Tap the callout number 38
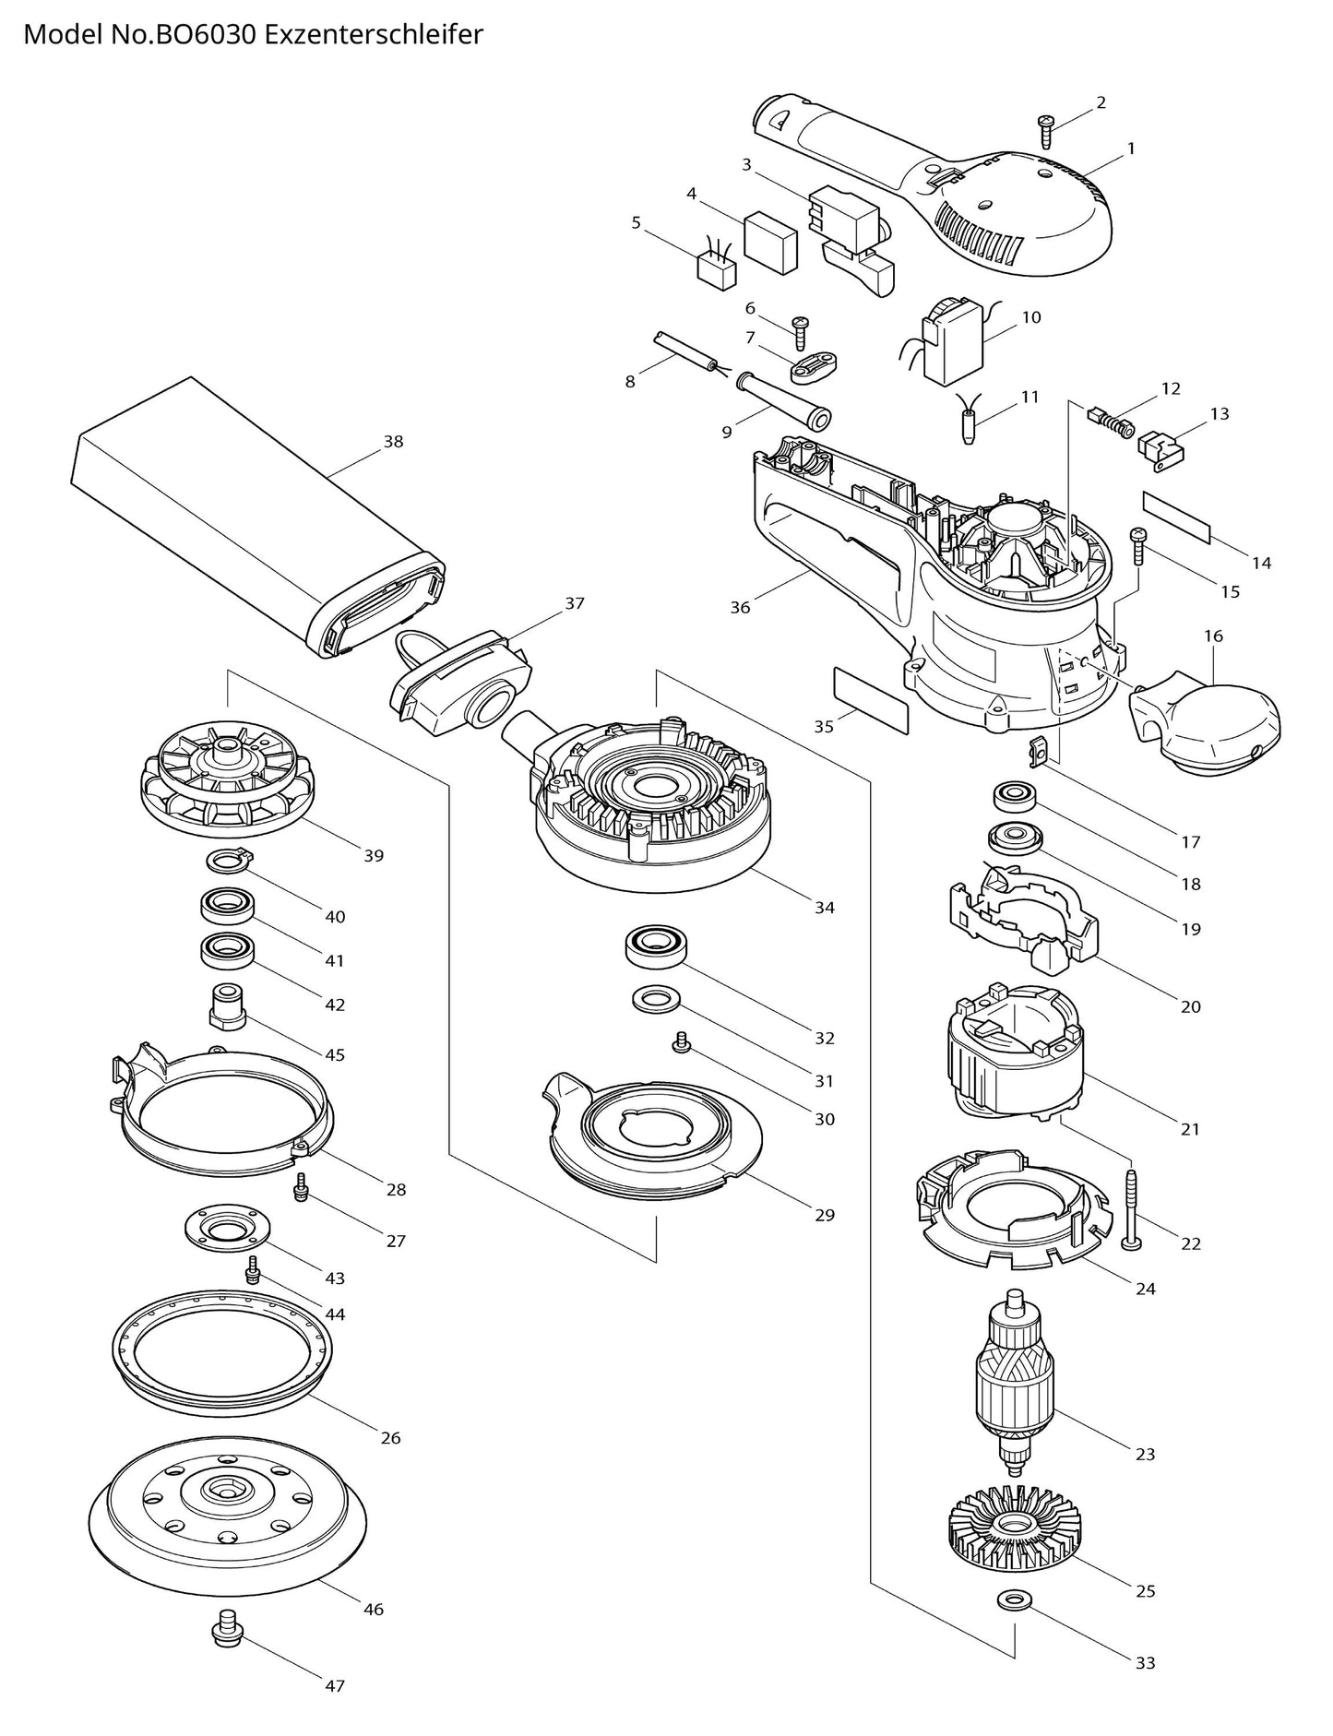point(393,442)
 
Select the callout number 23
point(1145,1454)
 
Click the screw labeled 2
point(1047,132)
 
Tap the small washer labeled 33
point(1014,1623)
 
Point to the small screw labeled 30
point(682,1042)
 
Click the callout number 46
point(373,1610)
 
